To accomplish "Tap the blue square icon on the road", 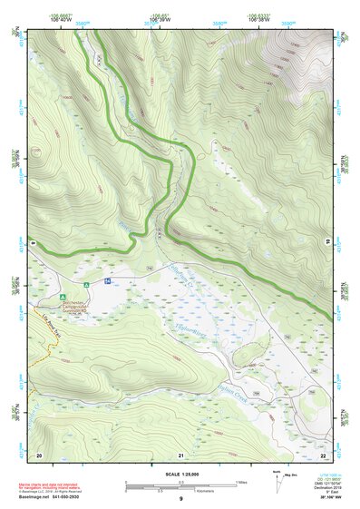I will point(106,283).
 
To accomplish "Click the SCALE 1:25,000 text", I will point(180,474).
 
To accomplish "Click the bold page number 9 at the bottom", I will point(180,499).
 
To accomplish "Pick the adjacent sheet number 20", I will point(39,454).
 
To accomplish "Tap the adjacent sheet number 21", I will point(180,454).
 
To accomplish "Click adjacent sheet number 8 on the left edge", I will point(33,244).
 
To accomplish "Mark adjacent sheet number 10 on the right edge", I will point(327,240).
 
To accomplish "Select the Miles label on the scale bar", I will point(244,481).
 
